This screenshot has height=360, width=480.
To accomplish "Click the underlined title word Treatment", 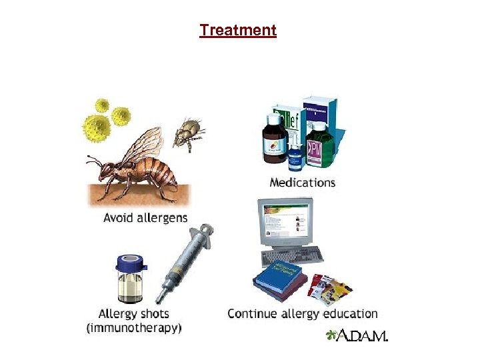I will point(237,30).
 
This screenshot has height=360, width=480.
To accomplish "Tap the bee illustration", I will point(137,163).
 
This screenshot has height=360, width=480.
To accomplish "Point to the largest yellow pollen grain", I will point(96,127).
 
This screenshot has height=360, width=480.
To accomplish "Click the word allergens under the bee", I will point(163,217).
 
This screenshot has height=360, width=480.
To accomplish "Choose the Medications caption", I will point(302,182).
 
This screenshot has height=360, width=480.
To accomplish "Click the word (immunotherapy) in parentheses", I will point(134,327).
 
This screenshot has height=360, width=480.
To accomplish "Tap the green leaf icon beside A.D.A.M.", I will point(331,335).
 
